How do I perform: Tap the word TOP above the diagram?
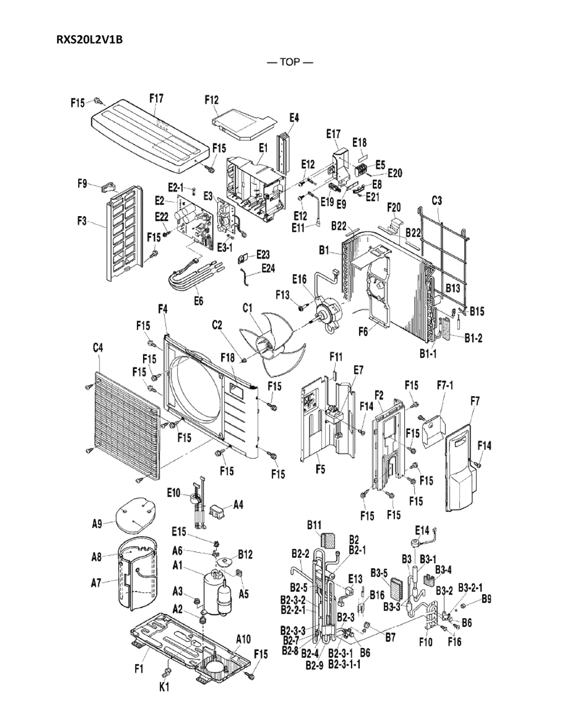pos(289,62)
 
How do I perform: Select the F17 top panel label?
pos(156,99)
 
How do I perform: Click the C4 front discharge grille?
pos(124,424)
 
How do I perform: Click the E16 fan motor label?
pos(299,280)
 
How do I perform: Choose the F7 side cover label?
pos(475,402)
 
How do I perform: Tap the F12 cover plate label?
pos(211,100)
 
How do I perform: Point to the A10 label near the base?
pos(243,639)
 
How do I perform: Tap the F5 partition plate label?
pos(320,470)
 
